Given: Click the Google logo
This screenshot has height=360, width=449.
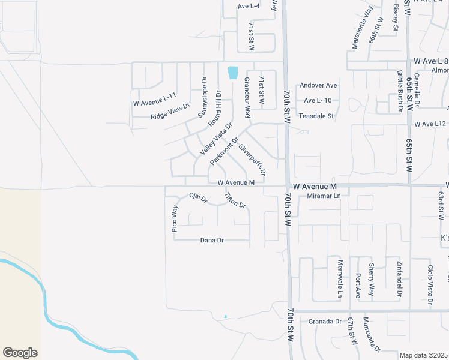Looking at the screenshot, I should click(20, 353).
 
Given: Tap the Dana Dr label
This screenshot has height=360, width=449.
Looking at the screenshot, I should click(212, 240).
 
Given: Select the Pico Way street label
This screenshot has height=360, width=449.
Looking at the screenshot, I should click(175, 218).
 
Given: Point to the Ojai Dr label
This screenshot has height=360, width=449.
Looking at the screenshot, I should click(198, 197).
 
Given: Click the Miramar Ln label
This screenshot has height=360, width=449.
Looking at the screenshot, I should click(324, 196).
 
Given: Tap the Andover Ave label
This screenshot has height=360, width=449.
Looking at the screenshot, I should click(319, 86).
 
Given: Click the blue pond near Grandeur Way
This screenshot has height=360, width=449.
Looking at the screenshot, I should click(232, 73).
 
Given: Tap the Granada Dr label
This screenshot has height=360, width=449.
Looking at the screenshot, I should click(325, 322).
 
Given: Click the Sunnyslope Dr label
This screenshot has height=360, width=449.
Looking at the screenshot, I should click(203, 96).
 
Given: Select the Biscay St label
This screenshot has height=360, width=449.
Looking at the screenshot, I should click(396, 16).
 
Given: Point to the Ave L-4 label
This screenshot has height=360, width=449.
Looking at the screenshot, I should click(249, 6).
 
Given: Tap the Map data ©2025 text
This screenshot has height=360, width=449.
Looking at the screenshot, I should click(424, 355).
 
